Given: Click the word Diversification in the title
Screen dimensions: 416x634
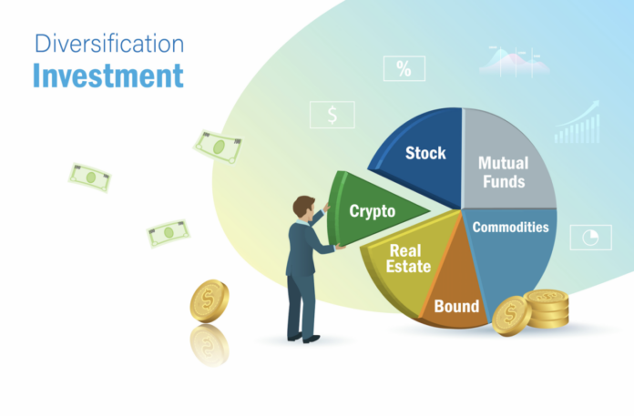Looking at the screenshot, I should [107, 42].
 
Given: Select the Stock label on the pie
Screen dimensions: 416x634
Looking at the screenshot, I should [425, 152].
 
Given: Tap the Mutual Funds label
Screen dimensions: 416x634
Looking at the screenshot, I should [502, 171].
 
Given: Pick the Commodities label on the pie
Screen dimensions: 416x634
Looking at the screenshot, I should [511, 227].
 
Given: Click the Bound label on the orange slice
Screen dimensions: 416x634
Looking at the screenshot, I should [456, 306].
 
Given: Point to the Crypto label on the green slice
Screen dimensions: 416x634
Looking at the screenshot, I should [373, 211].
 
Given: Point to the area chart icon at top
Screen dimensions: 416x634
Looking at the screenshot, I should [516, 59].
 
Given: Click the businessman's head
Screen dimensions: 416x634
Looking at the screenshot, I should [304, 206].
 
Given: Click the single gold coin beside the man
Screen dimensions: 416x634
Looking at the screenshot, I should [210, 300].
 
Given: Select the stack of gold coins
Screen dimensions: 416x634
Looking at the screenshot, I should [547, 309].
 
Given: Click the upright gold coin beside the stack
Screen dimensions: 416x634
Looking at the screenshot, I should [510, 316].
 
